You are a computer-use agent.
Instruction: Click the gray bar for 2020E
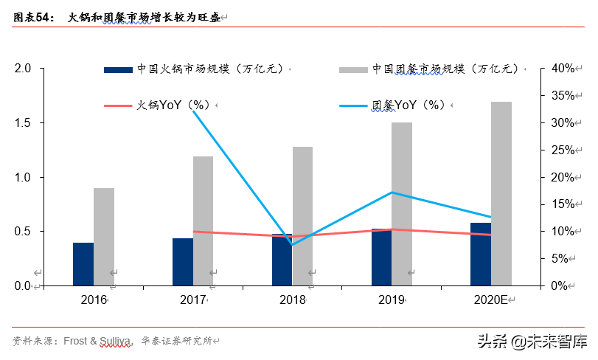tap(501, 193)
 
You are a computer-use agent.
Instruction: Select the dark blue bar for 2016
tap(83, 264)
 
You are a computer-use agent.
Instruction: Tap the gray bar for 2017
tap(203, 221)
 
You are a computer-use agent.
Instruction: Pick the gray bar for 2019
tap(402, 204)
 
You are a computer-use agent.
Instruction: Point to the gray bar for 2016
tap(104, 237)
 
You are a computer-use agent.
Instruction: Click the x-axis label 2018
tap(293, 300)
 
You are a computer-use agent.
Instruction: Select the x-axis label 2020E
tap(489, 300)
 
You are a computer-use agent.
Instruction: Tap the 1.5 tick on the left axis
tap(23, 122)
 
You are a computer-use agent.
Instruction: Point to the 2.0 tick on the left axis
tap(23, 69)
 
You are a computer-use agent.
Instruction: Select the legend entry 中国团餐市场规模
tap(442, 69)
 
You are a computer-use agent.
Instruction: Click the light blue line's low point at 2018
tap(293, 244)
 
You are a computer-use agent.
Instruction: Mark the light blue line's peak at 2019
tap(392, 193)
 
